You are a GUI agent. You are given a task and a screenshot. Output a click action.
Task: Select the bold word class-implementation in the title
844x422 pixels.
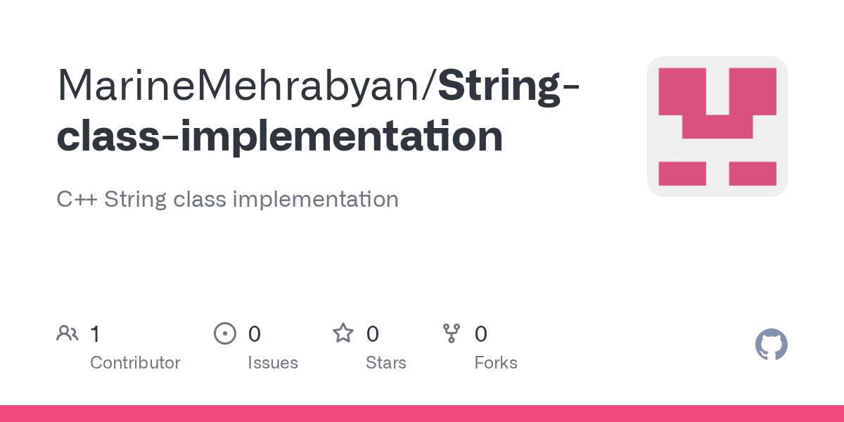(x=279, y=136)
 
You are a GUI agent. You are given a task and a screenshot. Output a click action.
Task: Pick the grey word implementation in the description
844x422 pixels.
(x=315, y=199)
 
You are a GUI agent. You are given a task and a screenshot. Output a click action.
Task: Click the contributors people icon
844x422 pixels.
(x=68, y=333)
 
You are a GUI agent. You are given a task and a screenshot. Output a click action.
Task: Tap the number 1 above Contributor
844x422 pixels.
(x=95, y=334)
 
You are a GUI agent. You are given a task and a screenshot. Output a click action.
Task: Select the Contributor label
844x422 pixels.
(x=135, y=363)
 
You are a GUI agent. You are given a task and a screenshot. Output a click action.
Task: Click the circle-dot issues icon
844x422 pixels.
(x=225, y=333)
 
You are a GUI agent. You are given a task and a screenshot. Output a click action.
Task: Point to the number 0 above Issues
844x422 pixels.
(x=255, y=334)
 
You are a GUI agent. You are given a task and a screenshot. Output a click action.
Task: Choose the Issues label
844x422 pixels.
(x=273, y=363)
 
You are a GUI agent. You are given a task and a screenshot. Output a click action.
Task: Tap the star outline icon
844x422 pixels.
(x=343, y=333)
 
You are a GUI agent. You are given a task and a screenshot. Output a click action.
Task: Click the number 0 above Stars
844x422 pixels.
(x=373, y=334)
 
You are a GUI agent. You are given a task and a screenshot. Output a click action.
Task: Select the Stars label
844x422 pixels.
(x=386, y=363)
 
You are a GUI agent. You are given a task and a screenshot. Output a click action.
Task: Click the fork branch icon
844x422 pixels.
(x=452, y=333)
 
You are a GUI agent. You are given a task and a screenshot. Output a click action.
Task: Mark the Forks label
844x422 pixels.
(x=496, y=363)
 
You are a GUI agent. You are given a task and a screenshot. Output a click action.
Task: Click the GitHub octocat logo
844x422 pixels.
(x=772, y=345)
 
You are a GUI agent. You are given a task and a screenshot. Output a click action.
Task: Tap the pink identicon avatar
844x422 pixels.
(x=717, y=127)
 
